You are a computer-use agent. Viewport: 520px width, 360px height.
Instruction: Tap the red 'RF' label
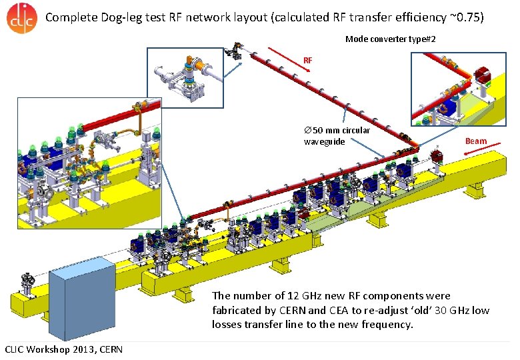click(307, 61)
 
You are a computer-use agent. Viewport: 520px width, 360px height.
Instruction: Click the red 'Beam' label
click(475, 141)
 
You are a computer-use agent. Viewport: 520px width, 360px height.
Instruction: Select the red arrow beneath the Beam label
click(477, 151)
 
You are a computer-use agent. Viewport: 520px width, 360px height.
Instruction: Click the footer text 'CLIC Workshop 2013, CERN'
click(59, 349)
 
